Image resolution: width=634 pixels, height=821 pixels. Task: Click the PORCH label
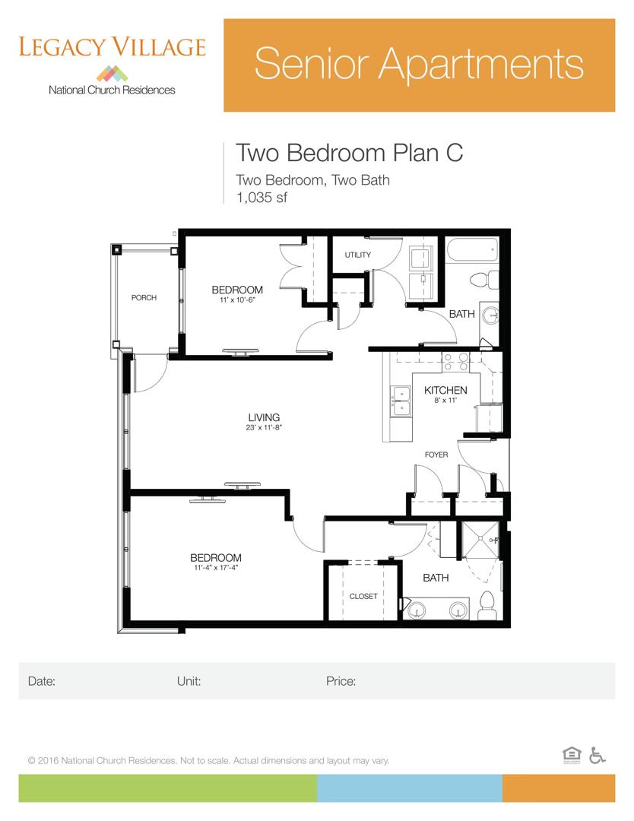point(144,298)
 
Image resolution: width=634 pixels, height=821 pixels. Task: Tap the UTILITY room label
point(357,255)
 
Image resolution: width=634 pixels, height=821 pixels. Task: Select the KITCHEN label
point(445,391)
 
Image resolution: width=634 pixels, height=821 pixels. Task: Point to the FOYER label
point(436,455)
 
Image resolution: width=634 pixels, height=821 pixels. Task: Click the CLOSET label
point(363,597)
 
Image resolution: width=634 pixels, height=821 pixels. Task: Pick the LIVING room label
point(264,417)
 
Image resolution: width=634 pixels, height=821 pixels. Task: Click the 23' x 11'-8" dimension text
point(264,427)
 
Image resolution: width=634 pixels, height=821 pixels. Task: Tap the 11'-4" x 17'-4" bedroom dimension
point(216,568)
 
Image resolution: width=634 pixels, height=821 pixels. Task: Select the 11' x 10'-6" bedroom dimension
point(237,300)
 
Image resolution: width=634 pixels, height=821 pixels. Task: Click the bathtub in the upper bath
point(472,250)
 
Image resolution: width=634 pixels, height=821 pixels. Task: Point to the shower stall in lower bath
point(479,542)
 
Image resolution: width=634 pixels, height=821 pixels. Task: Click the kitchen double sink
point(400,401)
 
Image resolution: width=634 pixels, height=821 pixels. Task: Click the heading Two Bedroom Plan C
point(349,152)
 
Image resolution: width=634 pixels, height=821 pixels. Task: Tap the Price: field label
point(341,681)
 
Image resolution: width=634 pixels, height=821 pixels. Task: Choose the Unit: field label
point(189,681)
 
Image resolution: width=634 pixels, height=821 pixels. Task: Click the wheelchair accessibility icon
point(598,755)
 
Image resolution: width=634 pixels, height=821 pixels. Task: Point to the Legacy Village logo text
point(112,47)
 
